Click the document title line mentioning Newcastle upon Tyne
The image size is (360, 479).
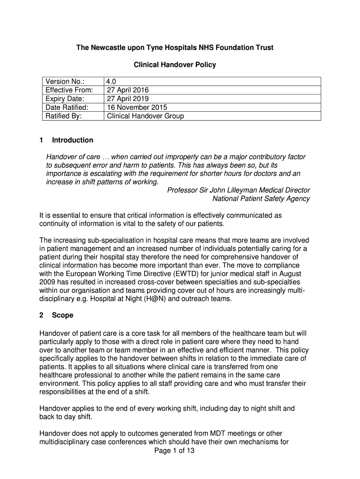pos(175,48)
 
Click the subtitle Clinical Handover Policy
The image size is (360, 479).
pos(175,65)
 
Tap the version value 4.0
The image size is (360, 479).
pos(112,82)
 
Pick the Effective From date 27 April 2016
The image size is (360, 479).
pos(128,90)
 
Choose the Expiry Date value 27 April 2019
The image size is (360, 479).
pos(128,99)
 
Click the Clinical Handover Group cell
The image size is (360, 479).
pos(145,116)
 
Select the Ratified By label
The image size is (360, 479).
pos(63,116)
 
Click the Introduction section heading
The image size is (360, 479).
pos(72,140)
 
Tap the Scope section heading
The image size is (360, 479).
pos(63,315)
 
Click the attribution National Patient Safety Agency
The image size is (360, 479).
pos(261,198)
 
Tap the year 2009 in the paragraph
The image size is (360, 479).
pos(48,282)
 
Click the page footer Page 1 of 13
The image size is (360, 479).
pos(174,451)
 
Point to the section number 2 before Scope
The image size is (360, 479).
pos(42,315)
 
